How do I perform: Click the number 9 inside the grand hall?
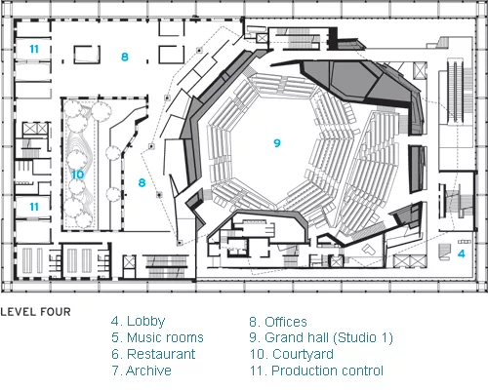coord(277,143)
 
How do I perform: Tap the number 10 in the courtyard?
coord(77,175)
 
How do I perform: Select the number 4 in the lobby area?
coord(462,253)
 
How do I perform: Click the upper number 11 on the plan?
coord(34,49)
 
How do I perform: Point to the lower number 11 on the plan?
coord(34,207)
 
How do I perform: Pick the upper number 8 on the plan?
coord(125,57)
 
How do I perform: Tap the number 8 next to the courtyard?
coord(142,182)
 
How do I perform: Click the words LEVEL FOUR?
coord(35,312)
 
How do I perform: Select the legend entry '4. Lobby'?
coord(138,322)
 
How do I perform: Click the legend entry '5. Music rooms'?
coord(157,337)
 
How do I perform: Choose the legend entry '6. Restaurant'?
coord(153,354)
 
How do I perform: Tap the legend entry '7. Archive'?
coord(142,370)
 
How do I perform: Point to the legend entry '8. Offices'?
coord(278,322)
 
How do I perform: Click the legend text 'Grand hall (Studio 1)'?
coord(329,338)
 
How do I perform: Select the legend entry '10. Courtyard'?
coord(292,354)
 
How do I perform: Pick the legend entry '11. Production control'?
coord(316,370)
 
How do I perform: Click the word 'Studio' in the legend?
coord(357,337)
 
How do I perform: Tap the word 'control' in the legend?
coord(363,370)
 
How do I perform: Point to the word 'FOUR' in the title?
coord(56,312)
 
